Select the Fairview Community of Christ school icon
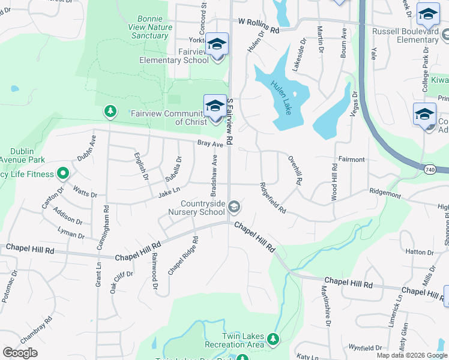[214, 106]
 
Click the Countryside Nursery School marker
[234, 207]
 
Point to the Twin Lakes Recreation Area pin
[273, 340]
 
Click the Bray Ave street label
[210, 144]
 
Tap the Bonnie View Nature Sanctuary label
[149, 28]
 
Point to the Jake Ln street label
[169, 192]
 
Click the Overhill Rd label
[294, 172]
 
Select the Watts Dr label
[85, 193]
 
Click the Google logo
[20, 353]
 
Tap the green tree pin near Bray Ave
[110, 111]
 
